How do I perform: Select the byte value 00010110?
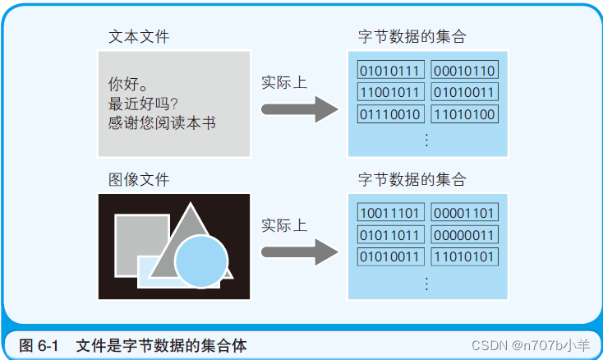point(464,71)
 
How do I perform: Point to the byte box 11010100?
point(464,113)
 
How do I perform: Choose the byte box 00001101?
point(464,214)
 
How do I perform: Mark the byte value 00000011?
point(464,235)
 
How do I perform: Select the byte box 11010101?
point(464,256)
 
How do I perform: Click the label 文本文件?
point(140,37)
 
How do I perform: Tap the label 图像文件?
point(140,179)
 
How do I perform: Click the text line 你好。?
point(128,84)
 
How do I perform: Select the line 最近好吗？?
point(149,104)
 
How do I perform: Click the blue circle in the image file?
point(201,262)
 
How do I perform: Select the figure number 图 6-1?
point(38,346)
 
